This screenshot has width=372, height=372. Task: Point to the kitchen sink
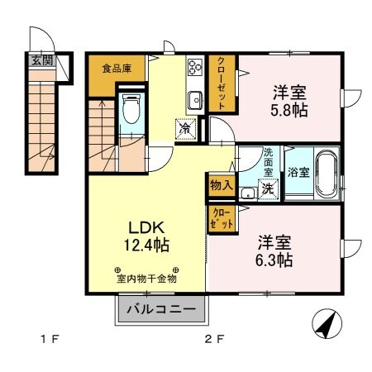click(195, 101)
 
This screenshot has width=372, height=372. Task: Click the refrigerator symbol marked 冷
click(185, 128)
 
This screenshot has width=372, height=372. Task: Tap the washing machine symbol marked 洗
click(269, 188)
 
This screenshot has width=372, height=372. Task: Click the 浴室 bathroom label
click(299, 173)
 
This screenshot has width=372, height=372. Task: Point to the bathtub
click(322, 172)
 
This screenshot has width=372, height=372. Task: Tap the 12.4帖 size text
click(148, 246)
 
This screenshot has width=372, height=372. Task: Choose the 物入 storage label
click(220, 184)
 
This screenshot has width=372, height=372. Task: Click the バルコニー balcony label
click(161, 311)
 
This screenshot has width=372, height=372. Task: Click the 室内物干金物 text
click(147, 279)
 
